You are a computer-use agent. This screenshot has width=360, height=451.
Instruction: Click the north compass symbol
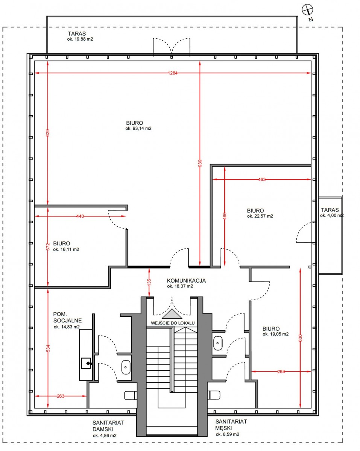click(x=307, y=10)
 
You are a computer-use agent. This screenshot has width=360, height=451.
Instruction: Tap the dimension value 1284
click(x=172, y=73)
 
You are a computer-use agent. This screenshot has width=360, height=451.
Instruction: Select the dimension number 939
click(x=200, y=163)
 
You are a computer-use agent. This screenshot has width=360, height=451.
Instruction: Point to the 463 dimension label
click(x=262, y=179)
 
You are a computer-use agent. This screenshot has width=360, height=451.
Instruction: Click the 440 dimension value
click(x=80, y=216)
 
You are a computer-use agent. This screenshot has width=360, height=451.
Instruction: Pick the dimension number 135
click(x=149, y=282)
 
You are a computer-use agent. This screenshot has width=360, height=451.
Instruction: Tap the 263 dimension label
click(x=61, y=396)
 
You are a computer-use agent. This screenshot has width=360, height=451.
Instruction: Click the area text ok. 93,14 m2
click(x=138, y=129)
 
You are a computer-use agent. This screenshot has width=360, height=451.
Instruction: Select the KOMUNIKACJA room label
click(x=186, y=281)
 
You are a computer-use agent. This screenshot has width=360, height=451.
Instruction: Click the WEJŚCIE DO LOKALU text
click(x=173, y=323)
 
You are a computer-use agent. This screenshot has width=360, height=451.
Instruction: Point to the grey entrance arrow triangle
click(x=172, y=314)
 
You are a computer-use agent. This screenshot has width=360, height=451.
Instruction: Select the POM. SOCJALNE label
click(x=67, y=317)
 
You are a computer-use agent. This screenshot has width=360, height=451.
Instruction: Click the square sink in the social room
click(x=86, y=363)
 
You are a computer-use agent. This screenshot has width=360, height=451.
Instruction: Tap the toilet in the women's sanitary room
click(x=131, y=395)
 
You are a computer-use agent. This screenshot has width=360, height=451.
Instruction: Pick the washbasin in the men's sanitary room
click(x=218, y=343)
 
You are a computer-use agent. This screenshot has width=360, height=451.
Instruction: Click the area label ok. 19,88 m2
click(x=80, y=39)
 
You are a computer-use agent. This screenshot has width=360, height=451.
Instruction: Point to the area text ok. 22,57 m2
click(x=260, y=216)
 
